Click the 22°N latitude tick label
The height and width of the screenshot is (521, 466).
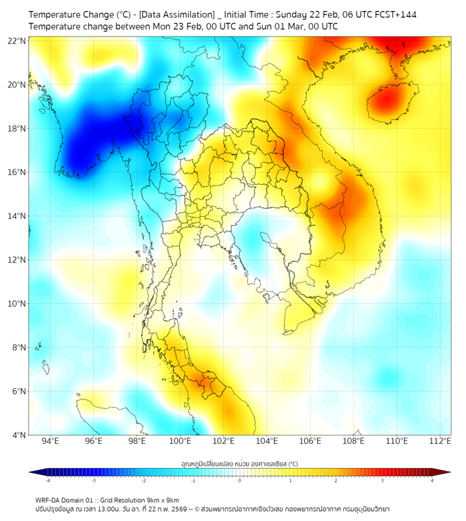click(x=17, y=41)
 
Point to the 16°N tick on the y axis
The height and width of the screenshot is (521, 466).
click(x=17, y=172)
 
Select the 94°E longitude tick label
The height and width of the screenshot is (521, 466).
click(x=50, y=442)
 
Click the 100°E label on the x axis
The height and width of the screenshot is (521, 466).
click(x=180, y=442)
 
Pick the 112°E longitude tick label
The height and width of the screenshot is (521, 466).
click(x=440, y=442)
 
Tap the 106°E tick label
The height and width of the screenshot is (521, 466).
click(x=310, y=442)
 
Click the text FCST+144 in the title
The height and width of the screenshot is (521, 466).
click(x=392, y=14)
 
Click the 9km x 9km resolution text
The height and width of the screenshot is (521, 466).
click(x=160, y=500)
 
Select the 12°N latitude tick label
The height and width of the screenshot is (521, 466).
click(x=17, y=260)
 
